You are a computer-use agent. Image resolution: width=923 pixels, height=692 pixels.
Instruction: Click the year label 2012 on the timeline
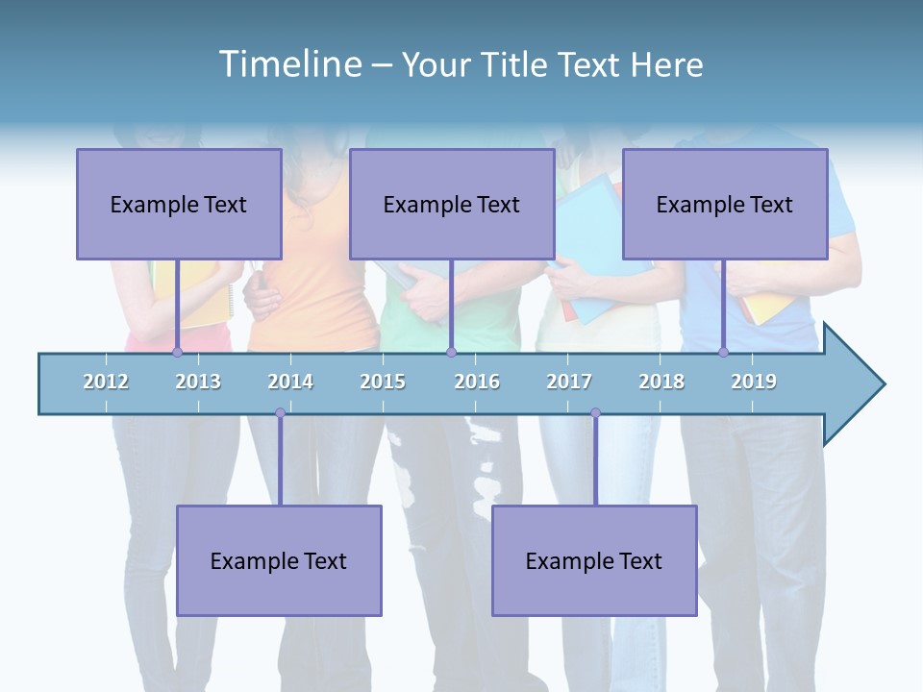pyautogui.click(x=106, y=382)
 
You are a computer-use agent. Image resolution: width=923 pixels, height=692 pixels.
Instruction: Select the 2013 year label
pyautogui.click(x=198, y=382)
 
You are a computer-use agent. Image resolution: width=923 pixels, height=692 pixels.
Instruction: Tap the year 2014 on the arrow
pyautogui.click(x=290, y=382)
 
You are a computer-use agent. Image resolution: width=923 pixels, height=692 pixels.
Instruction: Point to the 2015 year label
pyautogui.click(x=383, y=382)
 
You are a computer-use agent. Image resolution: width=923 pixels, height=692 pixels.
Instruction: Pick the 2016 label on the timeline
pyautogui.click(x=477, y=382)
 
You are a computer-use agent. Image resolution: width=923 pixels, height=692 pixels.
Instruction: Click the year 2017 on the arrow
pyautogui.click(x=569, y=382)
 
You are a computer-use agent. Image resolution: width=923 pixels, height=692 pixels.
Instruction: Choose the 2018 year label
pyautogui.click(x=661, y=382)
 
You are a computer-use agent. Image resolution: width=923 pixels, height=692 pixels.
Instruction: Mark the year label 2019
pyautogui.click(x=754, y=382)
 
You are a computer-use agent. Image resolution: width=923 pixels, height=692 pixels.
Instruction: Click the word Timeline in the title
pyautogui.click(x=288, y=64)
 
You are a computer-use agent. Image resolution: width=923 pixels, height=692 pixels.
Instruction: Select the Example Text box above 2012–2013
pyautogui.click(x=179, y=204)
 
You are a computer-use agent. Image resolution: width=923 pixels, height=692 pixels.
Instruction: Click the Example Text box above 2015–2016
pyautogui.click(x=452, y=204)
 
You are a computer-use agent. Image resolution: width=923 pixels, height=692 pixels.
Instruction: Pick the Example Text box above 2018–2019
pyautogui.click(x=725, y=204)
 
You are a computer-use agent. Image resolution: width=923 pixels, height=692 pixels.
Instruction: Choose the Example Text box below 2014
pyautogui.click(x=279, y=560)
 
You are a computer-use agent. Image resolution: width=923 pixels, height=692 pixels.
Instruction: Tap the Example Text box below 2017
pyautogui.click(x=594, y=560)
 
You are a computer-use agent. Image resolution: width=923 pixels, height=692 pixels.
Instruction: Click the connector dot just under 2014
pyautogui.click(x=280, y=413)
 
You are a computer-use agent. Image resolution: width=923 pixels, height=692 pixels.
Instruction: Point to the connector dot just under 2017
pyautogui.click(x=595, y=413)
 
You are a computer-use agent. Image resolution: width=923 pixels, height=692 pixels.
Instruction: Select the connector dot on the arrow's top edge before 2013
pyautogui.click(x=177, y=353)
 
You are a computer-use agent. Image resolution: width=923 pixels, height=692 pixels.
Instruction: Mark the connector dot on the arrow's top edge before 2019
pyautogui.click(x=723, y=353)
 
